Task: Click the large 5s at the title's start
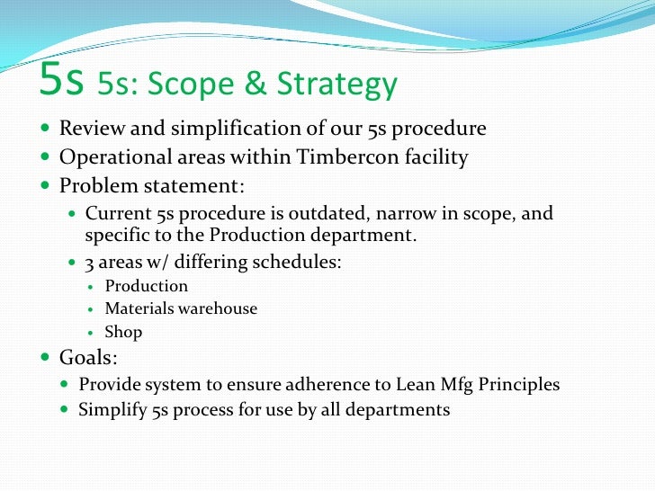[62, 82]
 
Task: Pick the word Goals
[88, 357]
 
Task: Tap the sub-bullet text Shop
[123, 332]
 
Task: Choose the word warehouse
[217, 308]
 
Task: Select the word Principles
[519, 385]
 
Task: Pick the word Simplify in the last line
[112, 410]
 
